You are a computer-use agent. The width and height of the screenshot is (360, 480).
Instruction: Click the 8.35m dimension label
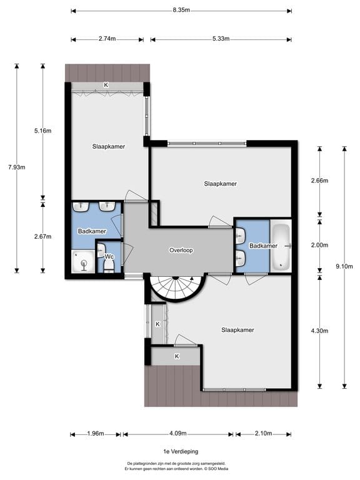(x=181, y=11)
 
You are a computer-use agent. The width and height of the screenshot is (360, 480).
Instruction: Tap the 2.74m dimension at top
(x=107, y=39)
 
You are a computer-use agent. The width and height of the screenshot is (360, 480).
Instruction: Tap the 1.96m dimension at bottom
(x=96, y=434)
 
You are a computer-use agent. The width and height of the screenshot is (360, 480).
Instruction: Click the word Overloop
(x=181, y=250)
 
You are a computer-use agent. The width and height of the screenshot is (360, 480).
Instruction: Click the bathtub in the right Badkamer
(x=282, y=246)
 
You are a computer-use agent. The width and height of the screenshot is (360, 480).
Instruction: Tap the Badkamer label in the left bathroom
(x=91, y=231)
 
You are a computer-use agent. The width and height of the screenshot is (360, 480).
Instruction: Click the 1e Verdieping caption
(x=180, y=450)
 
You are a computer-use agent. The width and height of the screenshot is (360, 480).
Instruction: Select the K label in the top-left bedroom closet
(x=106, y=85)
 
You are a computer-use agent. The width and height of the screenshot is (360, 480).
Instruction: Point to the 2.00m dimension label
(x=319, y=245)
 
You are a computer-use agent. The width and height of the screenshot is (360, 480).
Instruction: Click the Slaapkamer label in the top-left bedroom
(x=108, y=146)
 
